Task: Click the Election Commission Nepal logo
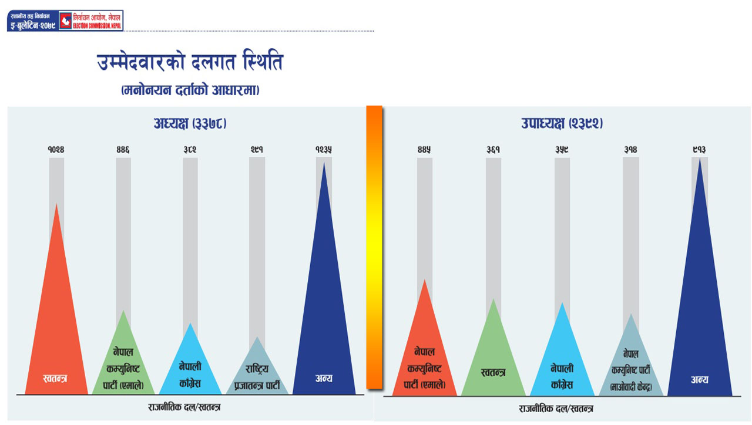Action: pyautogui.click(x=91, y=21)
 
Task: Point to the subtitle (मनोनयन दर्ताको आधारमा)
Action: pyautogui.click(x=190, y=90)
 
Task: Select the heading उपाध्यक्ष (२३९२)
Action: pyautogui.click(x=562, y=123)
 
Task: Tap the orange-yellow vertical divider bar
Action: pyautogui.click(x=374, y=247)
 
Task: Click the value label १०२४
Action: pyautogui.click(x=56, y=150)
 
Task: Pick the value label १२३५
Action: pyautogui.click(x=324, y=150)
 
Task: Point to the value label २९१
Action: pyautogui.click(x=257, y=150)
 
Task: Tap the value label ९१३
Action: pyautogui.click(x=699, y=150)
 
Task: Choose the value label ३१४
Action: pyautogui.click(x=630, y=150)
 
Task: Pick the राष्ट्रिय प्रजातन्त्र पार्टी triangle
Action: pyautogui.click(x=257, y=373)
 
